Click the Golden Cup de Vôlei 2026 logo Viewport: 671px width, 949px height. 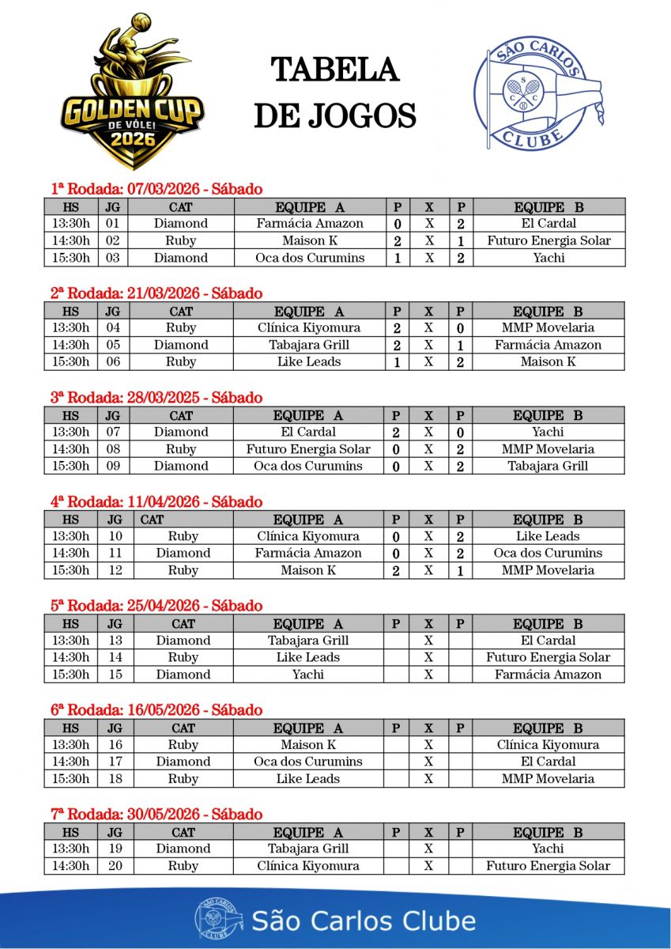click(x=132, y=93)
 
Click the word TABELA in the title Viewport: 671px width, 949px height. click(x=334, y=70)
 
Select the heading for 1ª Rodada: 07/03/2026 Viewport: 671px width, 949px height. click(x=156, y=189)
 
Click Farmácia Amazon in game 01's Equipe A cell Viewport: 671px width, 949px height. click(x=310, y=224)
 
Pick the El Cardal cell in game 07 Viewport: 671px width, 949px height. click(x=308, y=433)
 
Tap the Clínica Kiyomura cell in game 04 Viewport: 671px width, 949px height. click(x=309, y=328)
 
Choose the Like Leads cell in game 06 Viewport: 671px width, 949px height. click(x=309, y=362)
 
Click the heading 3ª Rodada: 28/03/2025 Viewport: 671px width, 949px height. click(x=156, y=398)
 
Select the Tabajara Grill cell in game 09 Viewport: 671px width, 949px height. click(x=548, y=466)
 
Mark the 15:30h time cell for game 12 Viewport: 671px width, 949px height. click(x=70, y=570)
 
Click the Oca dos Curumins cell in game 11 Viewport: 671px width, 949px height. click(x=548, y=554)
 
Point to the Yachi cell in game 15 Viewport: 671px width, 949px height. click(x=308, y=675)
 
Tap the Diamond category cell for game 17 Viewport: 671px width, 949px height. click(x=183, y=762)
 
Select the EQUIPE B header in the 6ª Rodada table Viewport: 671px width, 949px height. click(x=548, y=728)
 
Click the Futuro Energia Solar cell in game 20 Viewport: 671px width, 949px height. click(x=548, y=866)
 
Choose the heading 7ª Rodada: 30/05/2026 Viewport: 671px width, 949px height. click(x=156, y=815)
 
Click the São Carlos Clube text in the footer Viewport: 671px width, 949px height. click(x=364, y=921)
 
